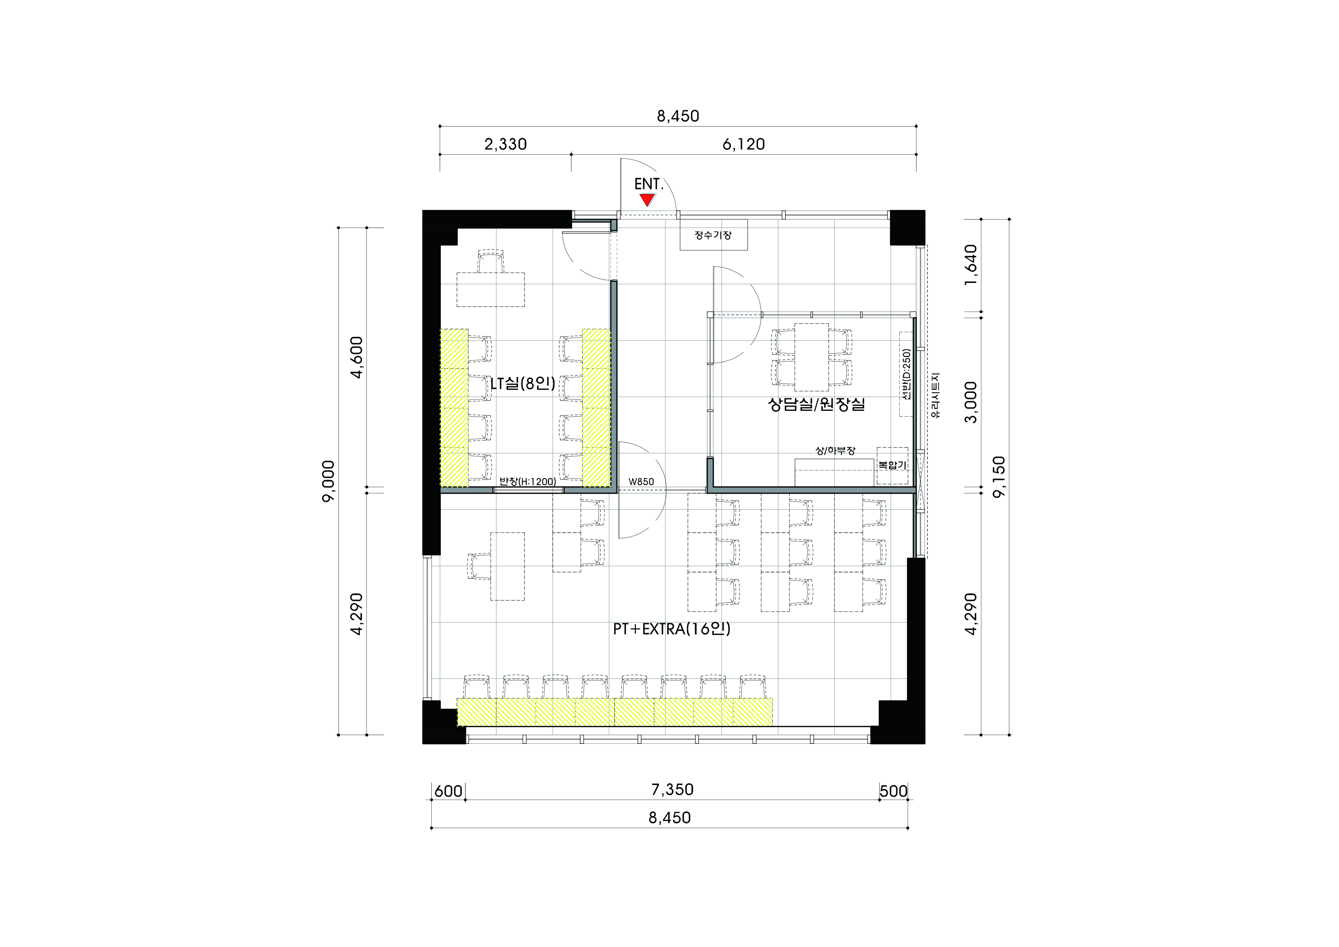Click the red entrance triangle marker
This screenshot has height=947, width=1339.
click(647, 200)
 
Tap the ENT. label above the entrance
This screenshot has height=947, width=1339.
click(649, 184)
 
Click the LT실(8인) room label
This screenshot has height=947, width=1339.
click(523, 383)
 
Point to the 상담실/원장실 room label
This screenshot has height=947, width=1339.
click(816, 404)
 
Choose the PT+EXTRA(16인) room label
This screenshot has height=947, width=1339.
click(672, 629)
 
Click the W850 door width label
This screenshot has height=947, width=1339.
click(641, 482)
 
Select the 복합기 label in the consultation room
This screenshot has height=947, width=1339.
click(892, 465)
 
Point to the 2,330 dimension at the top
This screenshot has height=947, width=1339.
click(506, 144)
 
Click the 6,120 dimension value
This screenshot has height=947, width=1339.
click(744, 144)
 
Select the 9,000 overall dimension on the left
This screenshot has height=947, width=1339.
click(329, 481)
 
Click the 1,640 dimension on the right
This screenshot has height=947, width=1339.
click(971, 265)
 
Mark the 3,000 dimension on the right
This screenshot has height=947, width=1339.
click(971, 402)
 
